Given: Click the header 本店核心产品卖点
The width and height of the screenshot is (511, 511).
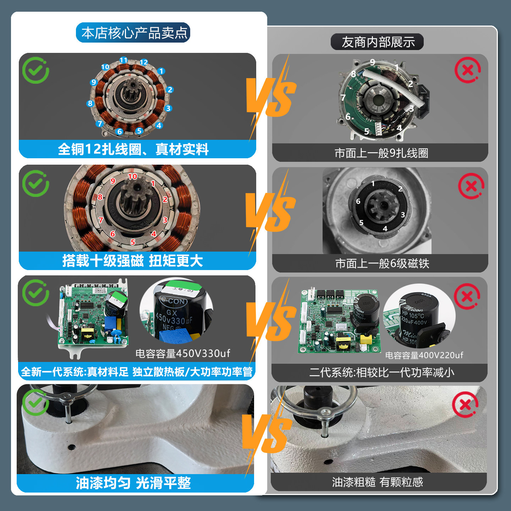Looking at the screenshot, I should [133, 33].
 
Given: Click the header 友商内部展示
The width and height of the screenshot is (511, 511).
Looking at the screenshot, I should [378, 42].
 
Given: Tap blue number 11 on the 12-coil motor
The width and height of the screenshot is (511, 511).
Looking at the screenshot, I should [123, 60].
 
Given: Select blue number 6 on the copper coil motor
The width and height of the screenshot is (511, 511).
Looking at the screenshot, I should [120, 132].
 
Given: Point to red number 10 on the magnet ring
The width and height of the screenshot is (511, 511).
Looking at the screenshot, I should [132, 176].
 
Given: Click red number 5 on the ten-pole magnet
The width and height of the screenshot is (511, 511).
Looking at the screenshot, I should [133, 242].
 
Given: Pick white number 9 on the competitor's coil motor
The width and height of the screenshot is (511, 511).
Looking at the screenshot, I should [372, 62].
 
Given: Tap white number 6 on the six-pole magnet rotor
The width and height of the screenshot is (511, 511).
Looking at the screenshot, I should [358, 201].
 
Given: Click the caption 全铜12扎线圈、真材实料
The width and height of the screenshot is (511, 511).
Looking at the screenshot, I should [133, 149].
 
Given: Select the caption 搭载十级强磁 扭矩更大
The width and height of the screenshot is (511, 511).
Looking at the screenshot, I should [133, 261].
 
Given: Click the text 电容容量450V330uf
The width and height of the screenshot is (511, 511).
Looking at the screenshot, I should [183, 353].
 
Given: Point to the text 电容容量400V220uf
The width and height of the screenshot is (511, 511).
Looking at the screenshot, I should [424, 355].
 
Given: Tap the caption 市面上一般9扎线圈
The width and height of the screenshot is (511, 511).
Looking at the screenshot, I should [381, 153].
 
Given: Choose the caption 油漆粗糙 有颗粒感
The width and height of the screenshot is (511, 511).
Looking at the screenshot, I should [378, 482].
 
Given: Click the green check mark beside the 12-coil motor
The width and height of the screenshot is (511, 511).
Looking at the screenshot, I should [35, 70].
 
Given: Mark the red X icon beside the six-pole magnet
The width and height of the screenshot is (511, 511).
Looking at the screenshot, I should [471, 186].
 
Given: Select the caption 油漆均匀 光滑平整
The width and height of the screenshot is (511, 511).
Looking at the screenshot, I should [133, 483].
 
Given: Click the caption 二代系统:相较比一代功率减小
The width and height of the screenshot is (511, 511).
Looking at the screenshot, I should [381, 373].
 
